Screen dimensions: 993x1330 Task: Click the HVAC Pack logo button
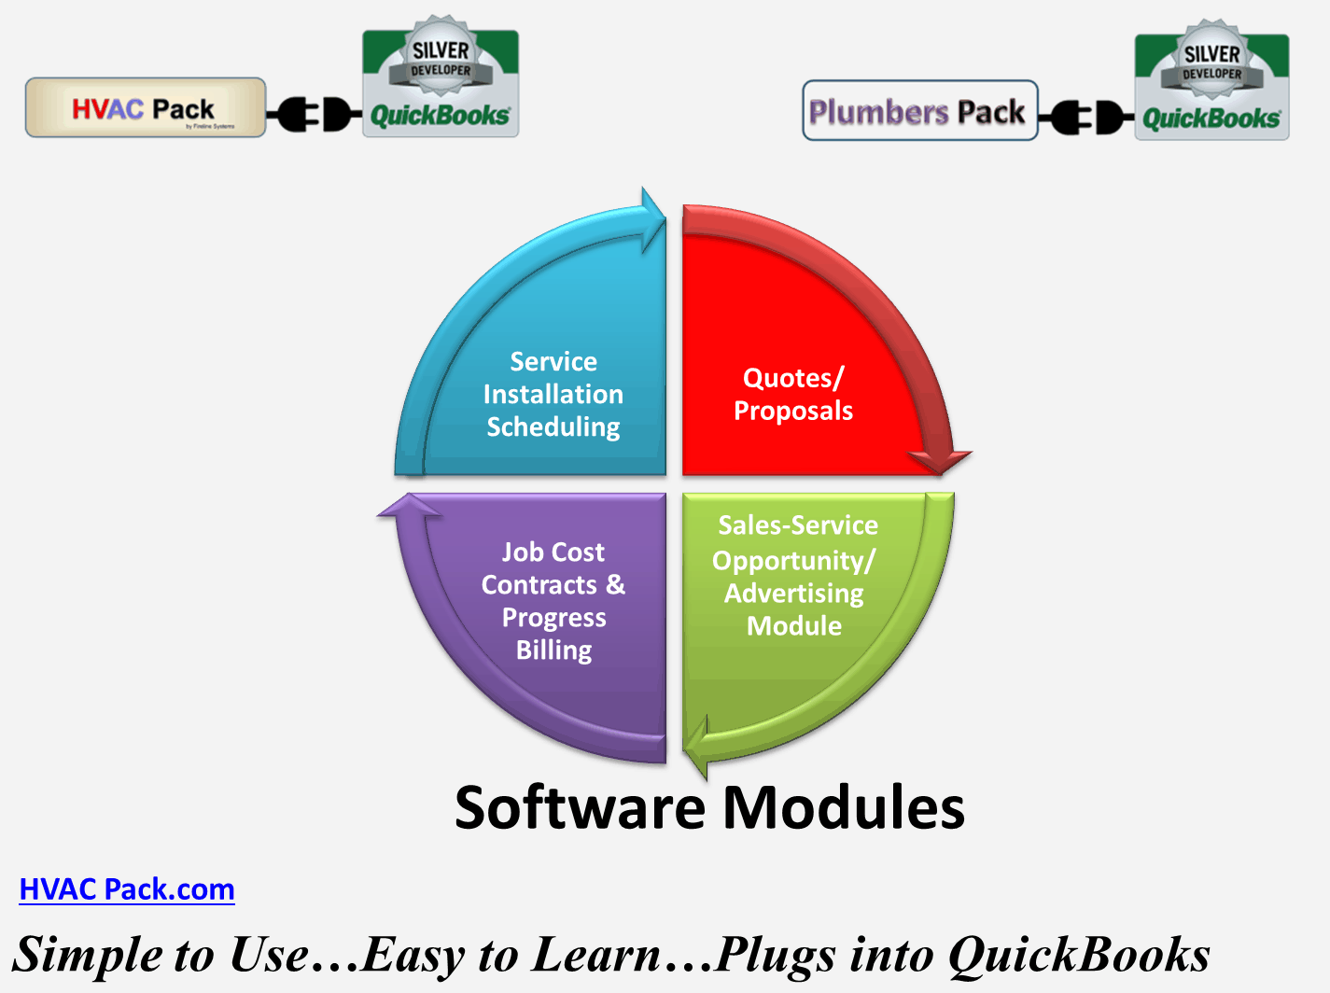pyautogui.click(x=145, y=108)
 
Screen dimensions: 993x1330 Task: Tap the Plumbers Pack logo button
pyautogui.click(x=919, y=111)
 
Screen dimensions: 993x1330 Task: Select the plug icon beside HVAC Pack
pyautogui.click(x=314, y=114)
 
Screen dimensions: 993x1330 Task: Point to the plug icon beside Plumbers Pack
pyautogui.click(x=1085, y=118)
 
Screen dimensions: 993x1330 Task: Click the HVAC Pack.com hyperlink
pyautogui.click(x=127, y=889)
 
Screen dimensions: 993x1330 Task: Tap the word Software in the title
pyautogui.click(x=579, y=807)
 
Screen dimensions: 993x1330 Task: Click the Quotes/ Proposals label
pyautogui.click(x=793, y=394)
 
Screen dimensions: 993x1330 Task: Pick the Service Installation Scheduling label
pyautogui.click(x=553, y=394)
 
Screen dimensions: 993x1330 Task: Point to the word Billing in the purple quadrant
pyautogui.click(x=554, y=650)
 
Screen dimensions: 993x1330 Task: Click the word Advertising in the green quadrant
pyautogui.click(x=794, y=594)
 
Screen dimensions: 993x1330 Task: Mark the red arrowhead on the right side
pyautogui.click(x=941, y=458)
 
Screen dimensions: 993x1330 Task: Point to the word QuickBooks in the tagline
pyautogui.click(x=1079, y=955)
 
